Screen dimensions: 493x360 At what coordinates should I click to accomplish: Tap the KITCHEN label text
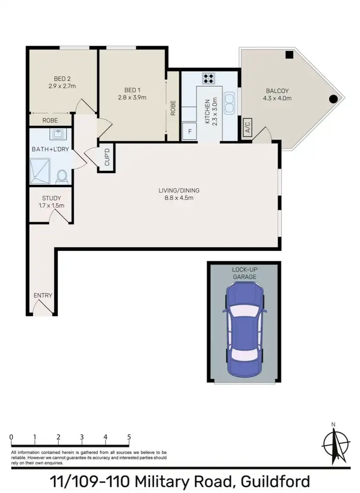(x=207, y=111)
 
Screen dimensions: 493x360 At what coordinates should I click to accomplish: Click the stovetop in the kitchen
(x=209, y=78)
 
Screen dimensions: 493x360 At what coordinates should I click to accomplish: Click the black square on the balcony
(x=289, y=55)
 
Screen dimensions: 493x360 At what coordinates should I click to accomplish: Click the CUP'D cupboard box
(x=107, y=157)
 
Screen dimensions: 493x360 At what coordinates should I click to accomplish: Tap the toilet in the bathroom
(x=61, y=177)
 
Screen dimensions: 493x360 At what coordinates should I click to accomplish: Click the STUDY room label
(x=51, y=198)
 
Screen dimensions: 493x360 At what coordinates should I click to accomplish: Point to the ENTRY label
(x=43, y=295)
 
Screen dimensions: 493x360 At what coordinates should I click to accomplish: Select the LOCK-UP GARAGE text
(x=244, y=274)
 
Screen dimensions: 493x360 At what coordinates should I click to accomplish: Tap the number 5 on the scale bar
(x=129, y=437)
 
